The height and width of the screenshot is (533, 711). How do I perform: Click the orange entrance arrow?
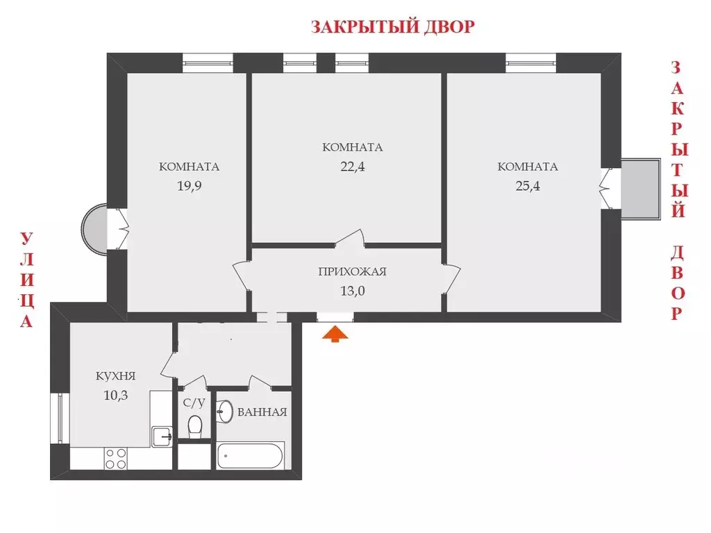[x=335, y=335]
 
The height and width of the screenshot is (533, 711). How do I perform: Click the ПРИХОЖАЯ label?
[x=352, y=271]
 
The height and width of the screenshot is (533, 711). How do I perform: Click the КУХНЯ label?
[x=115, y=376]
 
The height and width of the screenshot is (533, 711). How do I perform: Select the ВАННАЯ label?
[x=262, y=412]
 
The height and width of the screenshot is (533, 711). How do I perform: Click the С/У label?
[x=193, y=403]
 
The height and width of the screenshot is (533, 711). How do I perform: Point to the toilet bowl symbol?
[x=195, y=425]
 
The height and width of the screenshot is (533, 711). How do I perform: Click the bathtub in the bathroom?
[x=250, y=457]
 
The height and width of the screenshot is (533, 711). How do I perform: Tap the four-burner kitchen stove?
[x=115, y=458]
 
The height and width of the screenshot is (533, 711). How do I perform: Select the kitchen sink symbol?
[x=162, y=437]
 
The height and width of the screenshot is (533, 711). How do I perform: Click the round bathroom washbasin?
[x=225, y=412]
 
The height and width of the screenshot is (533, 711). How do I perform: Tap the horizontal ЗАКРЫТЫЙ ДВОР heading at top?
[x=392, y=27]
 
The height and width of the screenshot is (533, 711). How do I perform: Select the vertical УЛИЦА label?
[x=26, y=280]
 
